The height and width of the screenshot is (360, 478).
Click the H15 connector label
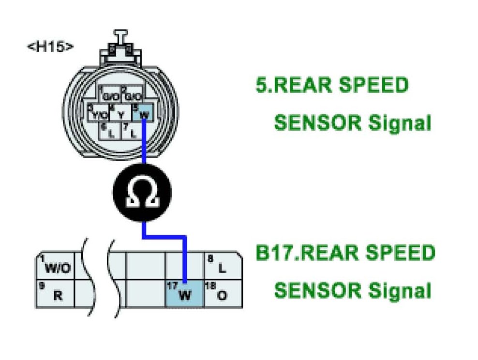50,47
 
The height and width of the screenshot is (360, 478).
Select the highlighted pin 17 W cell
184,293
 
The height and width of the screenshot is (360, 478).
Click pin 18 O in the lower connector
222,293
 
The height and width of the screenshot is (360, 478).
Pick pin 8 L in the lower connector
222,266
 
